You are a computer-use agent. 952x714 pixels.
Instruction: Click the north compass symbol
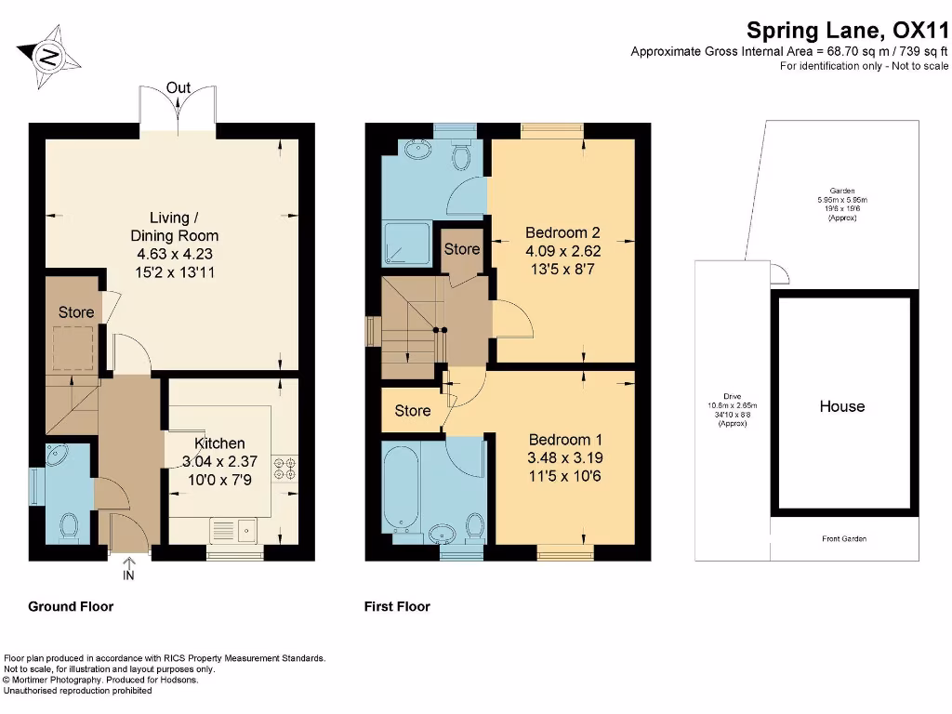point(46,58)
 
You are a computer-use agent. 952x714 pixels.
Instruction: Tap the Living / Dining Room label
point(174,227)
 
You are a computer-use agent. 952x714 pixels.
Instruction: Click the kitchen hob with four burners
point(283,468)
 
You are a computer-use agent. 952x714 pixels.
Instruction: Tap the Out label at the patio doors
point(178,88)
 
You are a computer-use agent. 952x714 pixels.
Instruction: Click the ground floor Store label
point(76,312)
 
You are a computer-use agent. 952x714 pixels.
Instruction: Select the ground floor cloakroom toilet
point(68,526)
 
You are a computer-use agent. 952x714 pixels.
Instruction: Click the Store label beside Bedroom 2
point(461,249)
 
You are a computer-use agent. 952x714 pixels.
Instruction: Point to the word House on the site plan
point(841,406)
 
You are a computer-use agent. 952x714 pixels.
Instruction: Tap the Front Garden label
point(843,538)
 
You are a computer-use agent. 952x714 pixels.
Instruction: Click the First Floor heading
point(397,606)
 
